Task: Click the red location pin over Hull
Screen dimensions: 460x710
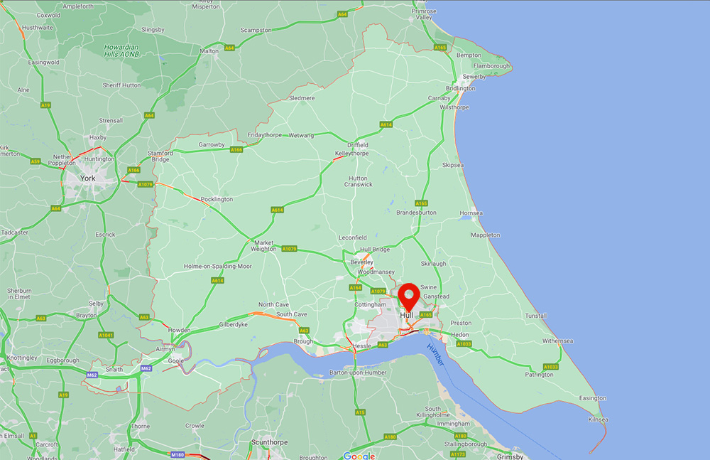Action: coord(408,296)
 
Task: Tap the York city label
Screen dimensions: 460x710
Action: coord(88,178)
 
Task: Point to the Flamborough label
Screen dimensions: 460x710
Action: coord(492,66)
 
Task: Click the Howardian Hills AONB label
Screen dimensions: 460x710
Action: coord(121,50)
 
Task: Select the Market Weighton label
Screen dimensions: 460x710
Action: coord(263,246)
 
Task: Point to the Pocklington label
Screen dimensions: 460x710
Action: coord(217,199)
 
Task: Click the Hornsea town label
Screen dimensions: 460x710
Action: coord(471,213)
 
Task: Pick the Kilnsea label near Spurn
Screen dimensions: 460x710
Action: coord(598,419)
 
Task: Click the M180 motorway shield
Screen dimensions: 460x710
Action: coord(178,454)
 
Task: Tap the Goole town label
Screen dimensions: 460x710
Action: coord(175,361)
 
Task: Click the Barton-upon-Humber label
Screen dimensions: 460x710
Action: coord(352,372)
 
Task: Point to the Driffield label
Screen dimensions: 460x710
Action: coord(358,145)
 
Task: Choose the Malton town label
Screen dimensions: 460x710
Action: coord(209,51)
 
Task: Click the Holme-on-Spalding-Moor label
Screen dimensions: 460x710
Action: coord(218,266)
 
